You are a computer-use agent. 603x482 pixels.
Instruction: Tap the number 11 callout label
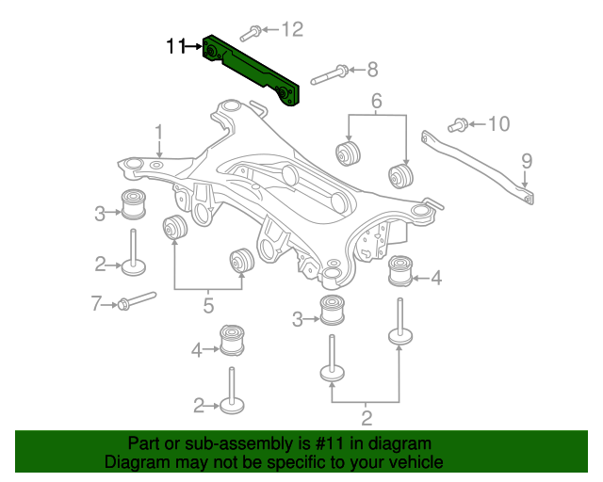click(175, 46)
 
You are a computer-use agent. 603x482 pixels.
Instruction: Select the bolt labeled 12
click(250, 35)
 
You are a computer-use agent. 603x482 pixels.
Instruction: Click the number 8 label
click(372, 69)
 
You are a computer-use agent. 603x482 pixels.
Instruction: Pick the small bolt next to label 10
click(459, 123)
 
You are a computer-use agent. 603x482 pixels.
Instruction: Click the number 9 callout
click(527, 160)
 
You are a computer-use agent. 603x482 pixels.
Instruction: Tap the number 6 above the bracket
click(377, 101)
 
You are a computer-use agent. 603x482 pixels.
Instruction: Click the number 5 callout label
click(208, 305)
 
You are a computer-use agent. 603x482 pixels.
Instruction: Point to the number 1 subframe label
click(159, 131)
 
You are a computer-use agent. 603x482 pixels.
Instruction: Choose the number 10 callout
click(497, 123)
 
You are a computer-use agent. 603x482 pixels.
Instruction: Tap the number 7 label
click(95, 303)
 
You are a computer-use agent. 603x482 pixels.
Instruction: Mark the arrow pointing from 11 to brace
click(194, 45)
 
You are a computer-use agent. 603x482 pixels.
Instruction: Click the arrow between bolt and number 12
click(269, 31)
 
